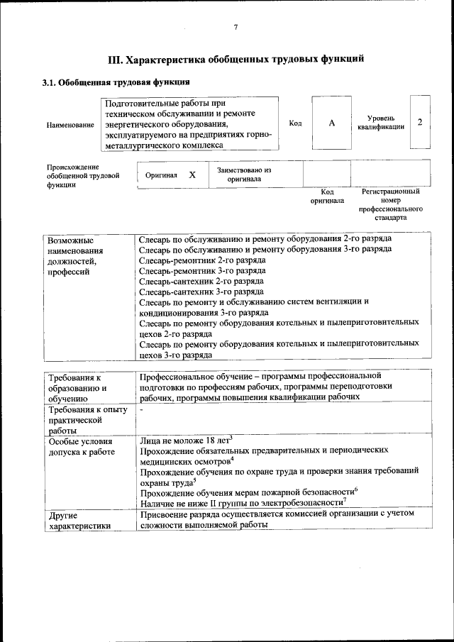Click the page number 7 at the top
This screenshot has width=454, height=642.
[x=236, y=27]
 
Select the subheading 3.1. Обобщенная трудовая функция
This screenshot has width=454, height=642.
[x=116, y=82]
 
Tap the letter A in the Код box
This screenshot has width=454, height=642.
[x=331, y=123]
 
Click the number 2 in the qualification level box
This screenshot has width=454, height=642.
[x=420, y=122]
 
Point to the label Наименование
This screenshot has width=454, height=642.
[x=70, y=124]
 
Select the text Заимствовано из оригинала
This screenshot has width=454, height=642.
[x=244, y=175]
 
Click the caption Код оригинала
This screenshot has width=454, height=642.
[x=327, y=196]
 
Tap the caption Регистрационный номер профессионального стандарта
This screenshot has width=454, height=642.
[x=390, y=204]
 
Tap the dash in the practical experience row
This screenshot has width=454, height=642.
[x=141, y=410]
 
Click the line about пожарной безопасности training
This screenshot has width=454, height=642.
[x=248, y=492]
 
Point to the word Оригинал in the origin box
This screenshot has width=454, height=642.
[x=161, y=175]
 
